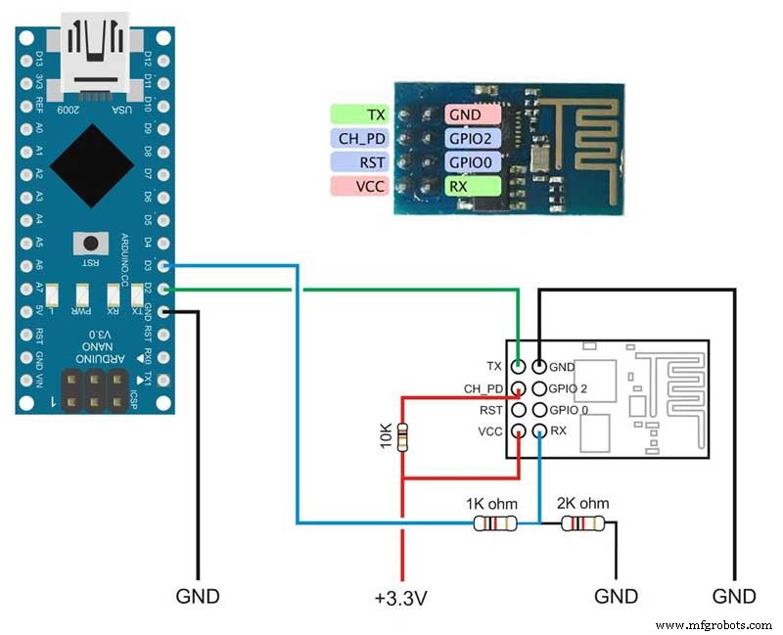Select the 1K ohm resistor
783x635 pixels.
[x=494, y=523]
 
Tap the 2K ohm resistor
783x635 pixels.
[x=581, y=523]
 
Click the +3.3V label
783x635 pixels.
[x=401, y=597]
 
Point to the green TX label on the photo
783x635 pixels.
[x=358, y=114]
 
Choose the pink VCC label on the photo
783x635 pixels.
[x=358, y=185]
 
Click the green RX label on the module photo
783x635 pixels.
[x=473, y=185]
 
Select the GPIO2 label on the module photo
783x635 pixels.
[x=473, y=138]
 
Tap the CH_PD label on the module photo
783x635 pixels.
[x=358, y=138]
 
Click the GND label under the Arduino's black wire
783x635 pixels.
[x=198, y=597]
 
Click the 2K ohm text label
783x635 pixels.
[x=581, y=503]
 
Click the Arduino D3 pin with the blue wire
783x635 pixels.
[x=163, y=264]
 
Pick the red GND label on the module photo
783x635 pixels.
[x=473, y=114]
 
